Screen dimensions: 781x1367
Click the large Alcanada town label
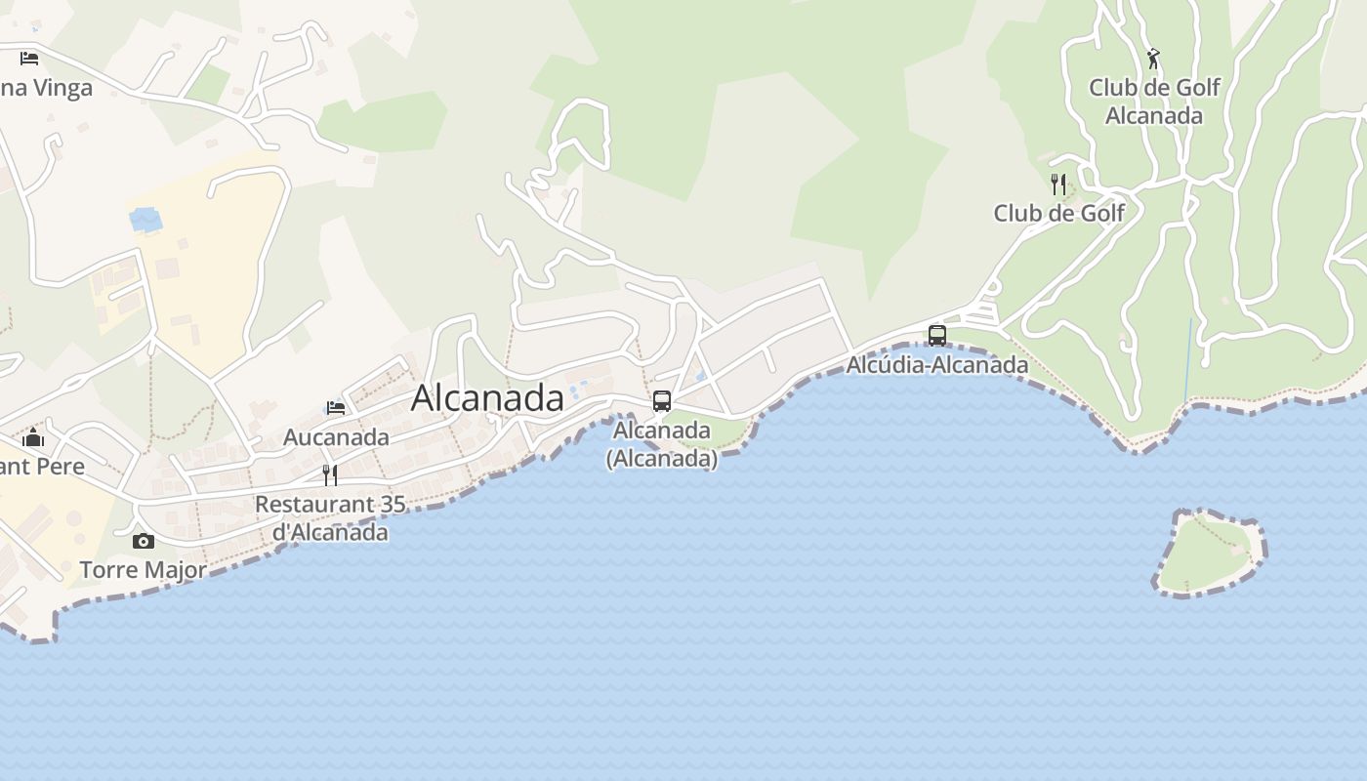pyautogui.click(x=487, y=398)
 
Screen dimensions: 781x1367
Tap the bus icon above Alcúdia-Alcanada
pyautogui.click(x=937, y=335)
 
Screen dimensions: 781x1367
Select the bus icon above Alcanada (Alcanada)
pyautogui.click(x=662, y=401)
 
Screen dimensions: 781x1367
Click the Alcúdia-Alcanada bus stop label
pyautogui.click(x=937, y=365)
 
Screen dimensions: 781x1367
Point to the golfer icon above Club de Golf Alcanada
pyautogui.click(x=1153, y=59)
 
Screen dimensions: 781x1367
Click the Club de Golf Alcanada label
pyautogui.click(x=1154, y=102)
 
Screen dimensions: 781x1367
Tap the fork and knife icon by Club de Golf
pyautogui.click(x=1058, y=184)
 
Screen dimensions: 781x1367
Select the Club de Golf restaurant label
pyautogui.click(x=1058, y=213)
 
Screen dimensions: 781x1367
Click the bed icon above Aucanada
pyautogui.click(x=336, y=407)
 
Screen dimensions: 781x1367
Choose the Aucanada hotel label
pyautogui.click(x=336, y=437)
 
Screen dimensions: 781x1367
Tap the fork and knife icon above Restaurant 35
pyautogui.click(x=330, y=475)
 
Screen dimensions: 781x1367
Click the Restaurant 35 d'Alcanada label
pyautogui.click(x=330, y=518)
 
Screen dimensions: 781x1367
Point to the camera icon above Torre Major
pyautogui.click(x=144, y=541)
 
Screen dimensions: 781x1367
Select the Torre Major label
pyautogui.click(x=143, y=570)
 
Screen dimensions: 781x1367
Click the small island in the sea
pyautogui.click(x=1209, y=553)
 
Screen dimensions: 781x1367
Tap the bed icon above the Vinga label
pyautogui.click(x=29, y=58)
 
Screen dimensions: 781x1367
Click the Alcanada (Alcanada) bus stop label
pyautogui.click(x=662, y=444)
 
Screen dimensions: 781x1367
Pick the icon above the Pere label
pyautogui.click(x=33, y=437)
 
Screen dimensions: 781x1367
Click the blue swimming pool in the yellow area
pyautogui.click(x=145, y=220)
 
